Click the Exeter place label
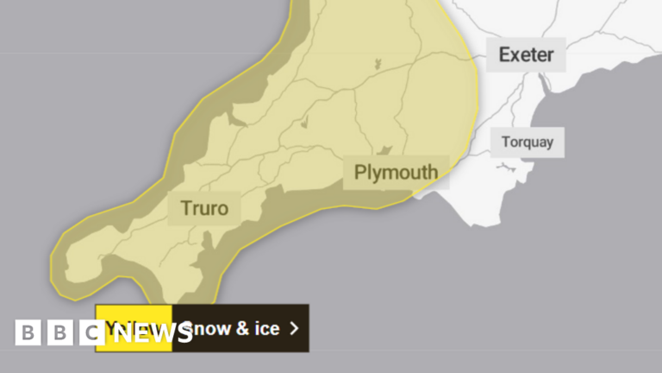tap(526, 55)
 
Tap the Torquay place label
tap(528, 142)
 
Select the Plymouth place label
tap(396, 173)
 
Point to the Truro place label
tap(204, 208)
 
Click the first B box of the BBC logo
tap(28, 332)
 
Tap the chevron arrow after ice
tap(294, 328)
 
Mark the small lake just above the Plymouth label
tap(386, 150)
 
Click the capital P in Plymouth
tap(361, 173)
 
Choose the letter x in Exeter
tap(520, 55)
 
